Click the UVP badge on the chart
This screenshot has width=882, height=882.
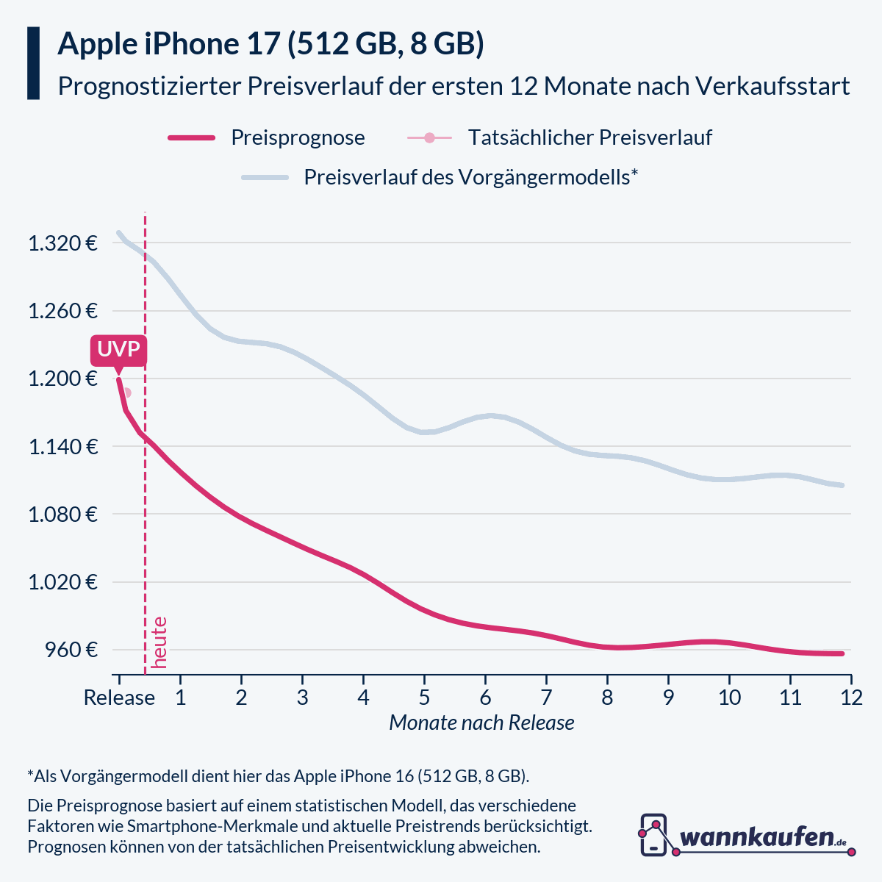click(x=118, y=350)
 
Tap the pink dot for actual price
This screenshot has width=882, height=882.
click(x=126, y=392)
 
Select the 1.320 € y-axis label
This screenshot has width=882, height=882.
click(x=62, y=243)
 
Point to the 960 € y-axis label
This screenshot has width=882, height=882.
click(x=71, y=650)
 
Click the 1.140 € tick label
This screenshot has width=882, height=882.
click(x=62, y=446)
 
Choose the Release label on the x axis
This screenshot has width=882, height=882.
click(x=119, y=697)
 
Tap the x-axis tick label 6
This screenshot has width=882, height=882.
click(x=485, y=697)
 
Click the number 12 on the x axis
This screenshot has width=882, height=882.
click(x=851, y=697)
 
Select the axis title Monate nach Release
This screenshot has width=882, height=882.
click(x=481, y=723)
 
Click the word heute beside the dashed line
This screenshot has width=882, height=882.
click(x=159, y=642)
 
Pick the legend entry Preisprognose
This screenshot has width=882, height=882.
click(x=298, y=137)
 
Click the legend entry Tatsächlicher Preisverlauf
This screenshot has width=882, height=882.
click(x=589, y=137)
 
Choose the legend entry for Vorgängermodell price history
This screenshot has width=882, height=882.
click(x=470, y=177)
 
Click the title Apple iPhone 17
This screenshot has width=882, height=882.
click(x=169, y=44)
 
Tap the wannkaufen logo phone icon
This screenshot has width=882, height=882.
click(x=653, y=835)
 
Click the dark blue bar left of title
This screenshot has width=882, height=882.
click(x=33, y=63)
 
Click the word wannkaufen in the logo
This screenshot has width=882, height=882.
click(x=757, y=837)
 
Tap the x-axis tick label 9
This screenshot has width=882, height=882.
click(x=668, y=697)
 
